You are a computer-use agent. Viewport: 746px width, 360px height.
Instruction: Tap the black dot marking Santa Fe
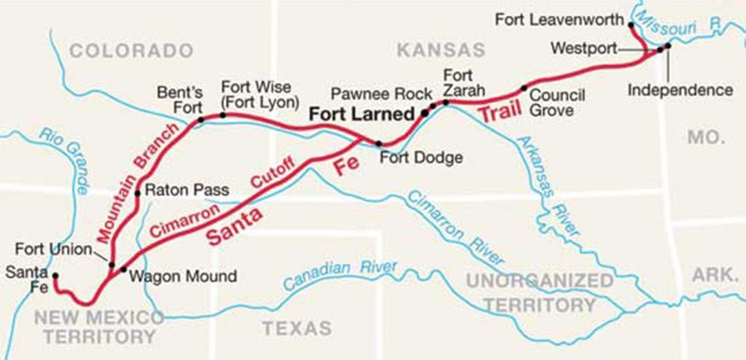click(x=55, y=276)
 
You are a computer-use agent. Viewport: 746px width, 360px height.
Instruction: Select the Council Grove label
click(x=557, y=103)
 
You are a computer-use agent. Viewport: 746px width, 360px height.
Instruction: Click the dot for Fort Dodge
click(x=378, y=144)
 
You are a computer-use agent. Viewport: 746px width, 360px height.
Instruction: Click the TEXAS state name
click(x=297, y=328)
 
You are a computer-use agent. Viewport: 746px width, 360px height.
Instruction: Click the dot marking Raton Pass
click(x=138, y=192)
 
